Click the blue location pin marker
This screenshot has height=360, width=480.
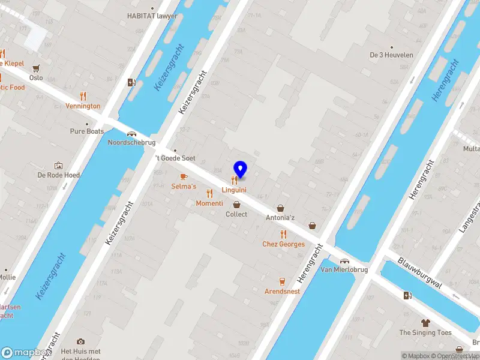pyautogui.click(x=240, y=169)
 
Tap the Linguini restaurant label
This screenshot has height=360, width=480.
pyautogui.click(x=235, y=190)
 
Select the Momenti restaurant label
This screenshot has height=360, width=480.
pyautogui.click(x=209, y=203)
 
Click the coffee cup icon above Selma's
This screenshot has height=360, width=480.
pyautogui.click(x=184, y=176)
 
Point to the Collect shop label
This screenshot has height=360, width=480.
pyautogui.click(x=236, y=214)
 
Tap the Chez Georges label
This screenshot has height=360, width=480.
pyautogui.click(x=283, y=244)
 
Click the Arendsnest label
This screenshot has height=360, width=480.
pyautogui.click(x=282, y=292)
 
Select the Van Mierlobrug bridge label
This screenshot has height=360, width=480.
pyautogui.click(x=344, y=270)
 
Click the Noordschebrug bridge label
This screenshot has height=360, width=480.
pyautogui.click(x=131, y=143)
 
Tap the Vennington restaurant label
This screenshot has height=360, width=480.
pyautogui.click(x=83, y=106)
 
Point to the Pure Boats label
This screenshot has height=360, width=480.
pyautogui.click(x=87, y=131)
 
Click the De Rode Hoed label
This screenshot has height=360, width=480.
pyautogui.click(x=59, y=175)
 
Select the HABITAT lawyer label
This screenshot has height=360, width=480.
pyautogui.click(x=152, y=16)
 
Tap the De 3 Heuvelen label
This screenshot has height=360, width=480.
pyautogui.click(x=391, y=55)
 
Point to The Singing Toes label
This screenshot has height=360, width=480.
pyautogui.click(x=425, y=332)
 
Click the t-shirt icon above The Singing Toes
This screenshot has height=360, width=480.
pyautogui.click(x=426, y=322)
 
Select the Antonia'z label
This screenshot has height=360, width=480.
pyautogui.click(x=280, y=218)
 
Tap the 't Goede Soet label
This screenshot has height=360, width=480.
pyautogui.click(x=175, y=158)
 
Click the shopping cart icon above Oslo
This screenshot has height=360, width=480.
pyautogui.click(x=36, y=68)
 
